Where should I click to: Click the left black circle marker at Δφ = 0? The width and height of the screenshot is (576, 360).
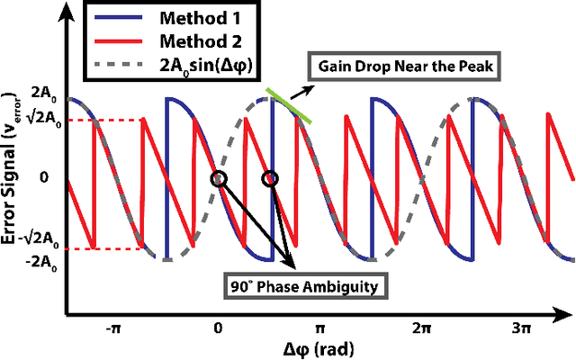(218, 178)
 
